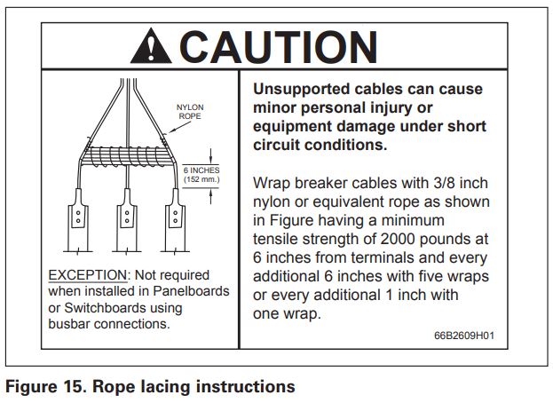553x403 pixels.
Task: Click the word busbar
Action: click(x=70, y=324)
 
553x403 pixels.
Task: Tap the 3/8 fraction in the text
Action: click(x=434, y=184)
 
